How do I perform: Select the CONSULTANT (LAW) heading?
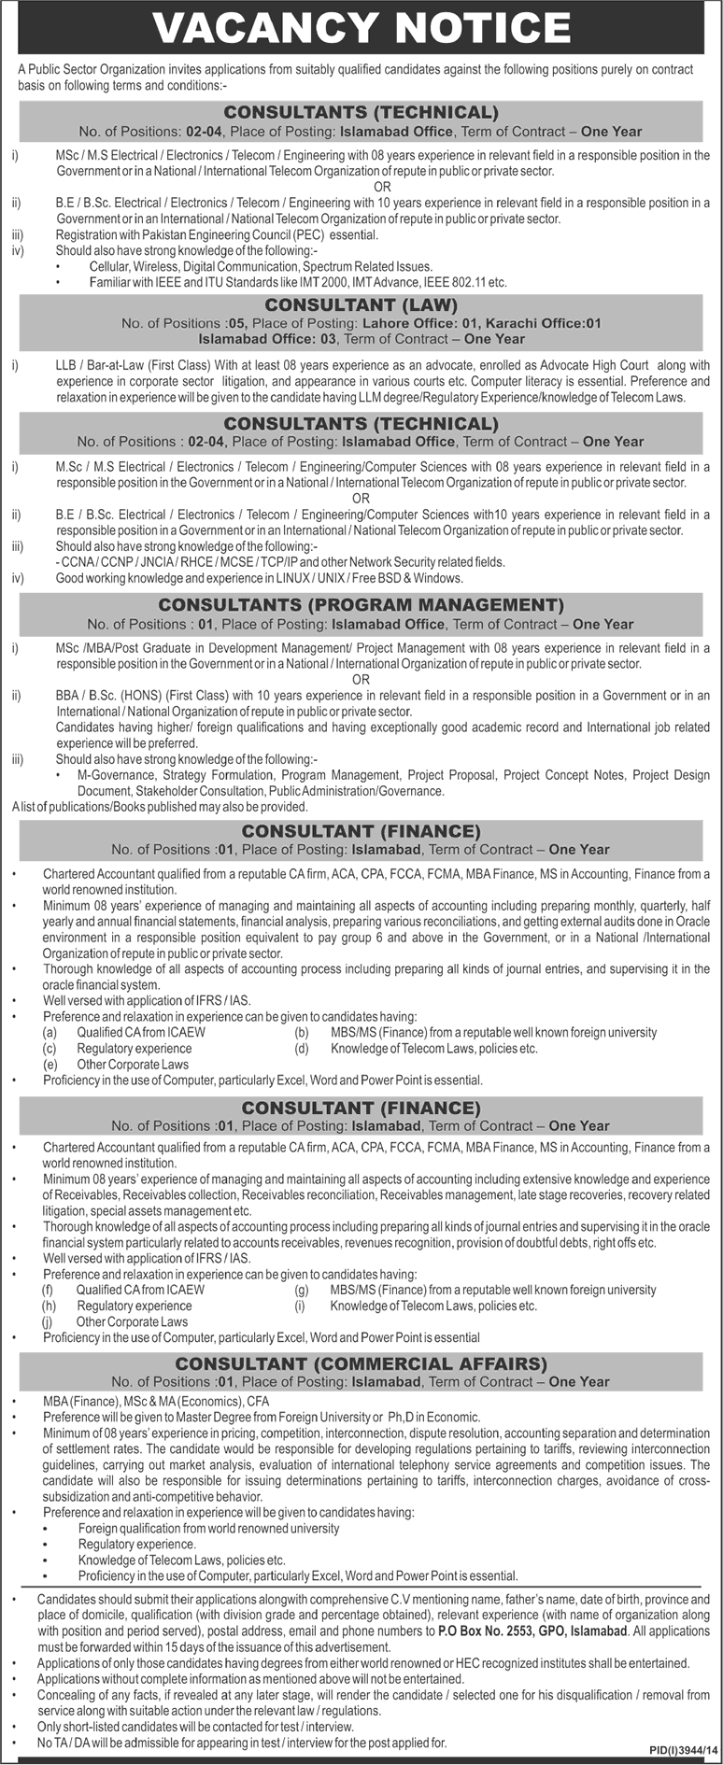click(361, 305)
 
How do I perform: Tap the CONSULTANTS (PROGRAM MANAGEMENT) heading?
click(361, 605)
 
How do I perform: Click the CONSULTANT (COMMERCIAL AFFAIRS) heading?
click(361, 1363)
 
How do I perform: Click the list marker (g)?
click(302, 1290)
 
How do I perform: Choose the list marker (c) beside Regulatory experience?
click(50, 1049)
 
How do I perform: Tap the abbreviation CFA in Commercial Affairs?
click(258, 1402)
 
